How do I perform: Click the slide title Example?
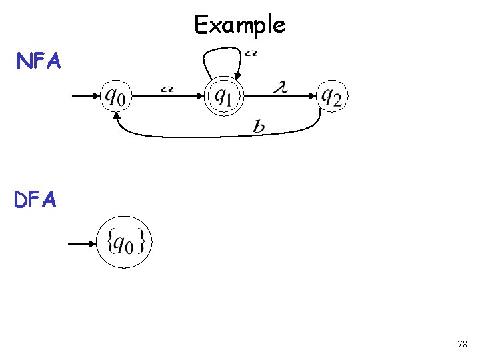pos(239,25)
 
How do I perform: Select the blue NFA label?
pos(39,62)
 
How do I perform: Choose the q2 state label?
pos(332,97)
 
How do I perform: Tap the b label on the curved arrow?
pos(259,127)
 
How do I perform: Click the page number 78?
pos(462,345)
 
